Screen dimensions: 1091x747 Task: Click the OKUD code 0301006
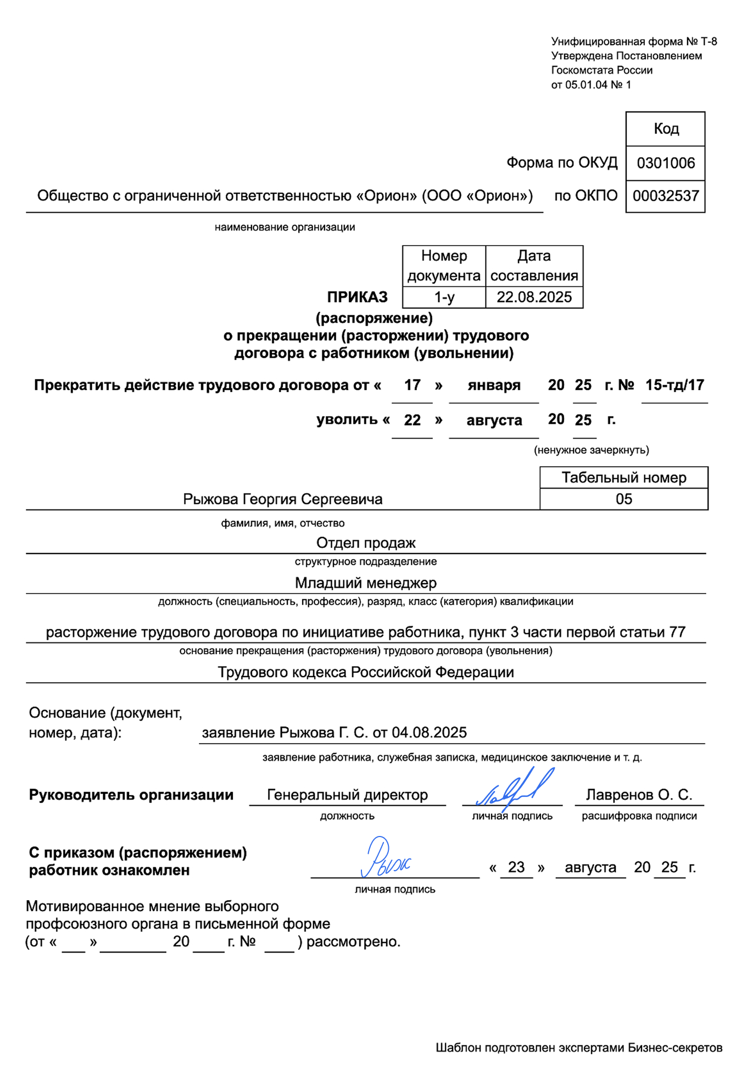[665, 163]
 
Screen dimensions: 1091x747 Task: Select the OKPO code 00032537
[665, 196]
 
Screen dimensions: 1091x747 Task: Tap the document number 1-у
[444, 297]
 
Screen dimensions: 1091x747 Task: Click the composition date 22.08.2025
[534, 297]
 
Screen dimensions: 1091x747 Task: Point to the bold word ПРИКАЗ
[357, 297]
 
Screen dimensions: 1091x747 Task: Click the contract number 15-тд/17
[674, 385]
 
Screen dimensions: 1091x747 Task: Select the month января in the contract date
[493, 385]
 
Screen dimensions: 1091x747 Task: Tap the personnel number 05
[623, 499]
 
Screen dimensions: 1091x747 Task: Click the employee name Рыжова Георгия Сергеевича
[282, 499]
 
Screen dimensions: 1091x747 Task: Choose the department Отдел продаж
[366, 543]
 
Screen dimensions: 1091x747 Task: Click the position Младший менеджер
[366, 583]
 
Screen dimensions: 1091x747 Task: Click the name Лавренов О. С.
[639, 795]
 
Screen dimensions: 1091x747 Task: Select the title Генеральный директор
[347, 795]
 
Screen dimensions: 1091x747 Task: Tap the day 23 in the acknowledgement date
[516, 867]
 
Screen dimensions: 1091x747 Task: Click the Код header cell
[665, 129]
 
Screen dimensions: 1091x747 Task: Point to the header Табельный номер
[623, 478]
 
